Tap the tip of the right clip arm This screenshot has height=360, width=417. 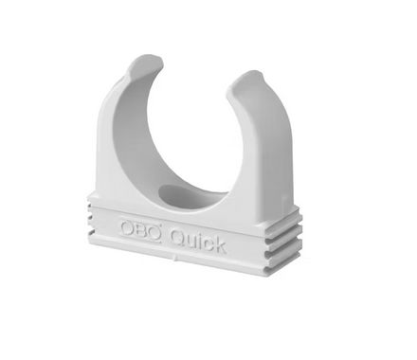247,77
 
